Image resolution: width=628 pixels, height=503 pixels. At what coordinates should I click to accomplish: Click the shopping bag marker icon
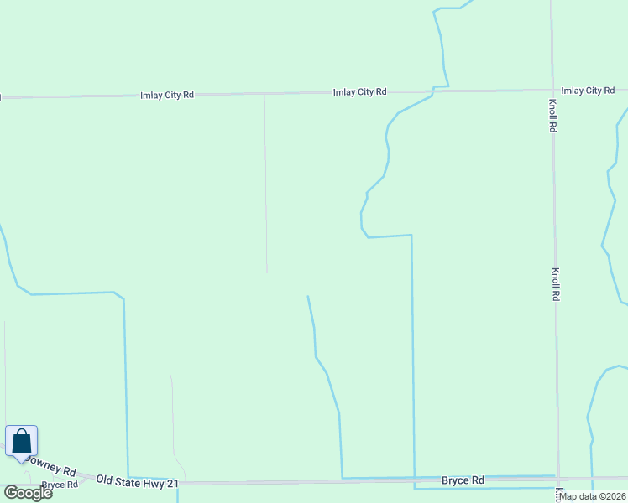pos(21,441)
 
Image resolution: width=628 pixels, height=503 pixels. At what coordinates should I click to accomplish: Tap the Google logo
pos(28,492)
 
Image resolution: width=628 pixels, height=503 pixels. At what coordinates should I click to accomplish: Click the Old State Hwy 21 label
pos(138,481)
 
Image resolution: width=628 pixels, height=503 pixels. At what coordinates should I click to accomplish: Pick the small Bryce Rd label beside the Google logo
pos(60,485)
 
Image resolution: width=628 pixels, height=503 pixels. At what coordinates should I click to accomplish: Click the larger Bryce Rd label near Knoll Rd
pos(463,480)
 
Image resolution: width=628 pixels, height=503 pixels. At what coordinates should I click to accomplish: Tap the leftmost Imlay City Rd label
pos(167,96)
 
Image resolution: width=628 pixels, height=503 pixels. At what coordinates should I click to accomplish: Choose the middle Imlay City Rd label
pos(359,92)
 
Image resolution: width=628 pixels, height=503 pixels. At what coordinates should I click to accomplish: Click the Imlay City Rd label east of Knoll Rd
pos(588,91)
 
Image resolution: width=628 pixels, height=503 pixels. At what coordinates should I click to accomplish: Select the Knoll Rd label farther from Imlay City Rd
pos(555,285)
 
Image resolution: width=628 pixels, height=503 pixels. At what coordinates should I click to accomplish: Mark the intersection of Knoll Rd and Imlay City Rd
pos(552,89)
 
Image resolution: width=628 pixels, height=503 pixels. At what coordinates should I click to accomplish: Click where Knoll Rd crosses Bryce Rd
pos(557,478)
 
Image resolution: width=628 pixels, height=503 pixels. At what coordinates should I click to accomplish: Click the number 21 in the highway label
pos(173,483)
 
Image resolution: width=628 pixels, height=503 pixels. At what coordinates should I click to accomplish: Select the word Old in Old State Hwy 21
pos(105,480)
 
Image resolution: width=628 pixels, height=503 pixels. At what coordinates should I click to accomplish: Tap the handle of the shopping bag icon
pos(21,434)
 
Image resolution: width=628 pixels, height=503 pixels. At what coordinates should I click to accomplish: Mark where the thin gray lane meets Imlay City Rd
pos(264,95)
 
